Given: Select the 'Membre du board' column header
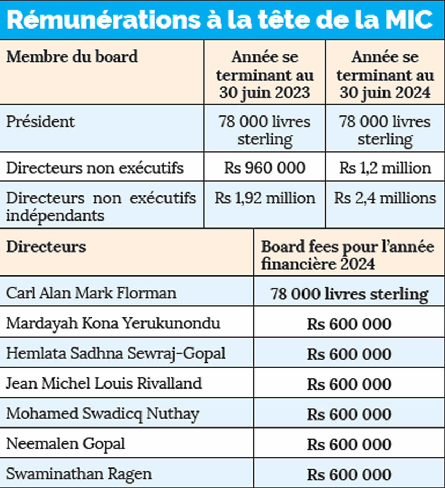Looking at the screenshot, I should pos(72,57).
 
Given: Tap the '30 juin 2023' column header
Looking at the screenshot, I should pos(265,75).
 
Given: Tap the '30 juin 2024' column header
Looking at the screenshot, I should pos(385,75).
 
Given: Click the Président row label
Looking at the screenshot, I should pos(40,122).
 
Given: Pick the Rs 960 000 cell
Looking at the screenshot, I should pos(265,168).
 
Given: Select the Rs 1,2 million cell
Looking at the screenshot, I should pos(385,168).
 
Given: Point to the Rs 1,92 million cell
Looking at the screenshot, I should pos(265,198).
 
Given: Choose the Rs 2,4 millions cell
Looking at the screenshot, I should pos(385,198).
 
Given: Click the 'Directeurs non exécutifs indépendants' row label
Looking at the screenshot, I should pos(101,207).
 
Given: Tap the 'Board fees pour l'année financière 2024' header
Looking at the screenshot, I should pos(348,255).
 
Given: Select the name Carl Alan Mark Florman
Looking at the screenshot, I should pos(91,293).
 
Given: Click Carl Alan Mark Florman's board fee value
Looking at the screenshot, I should pos(349,294).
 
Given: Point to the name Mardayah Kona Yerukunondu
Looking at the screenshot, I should pos(113,323).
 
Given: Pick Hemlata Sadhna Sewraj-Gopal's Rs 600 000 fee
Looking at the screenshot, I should pos(349,354).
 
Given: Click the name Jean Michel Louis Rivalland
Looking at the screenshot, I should pos(104,383).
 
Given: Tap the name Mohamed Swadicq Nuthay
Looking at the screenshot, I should pos(103,414).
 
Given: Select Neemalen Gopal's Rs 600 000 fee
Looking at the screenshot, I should pos(349,445).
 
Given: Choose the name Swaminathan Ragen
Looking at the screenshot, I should pos(79,474).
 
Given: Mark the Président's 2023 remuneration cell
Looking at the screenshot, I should pos(265,130).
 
